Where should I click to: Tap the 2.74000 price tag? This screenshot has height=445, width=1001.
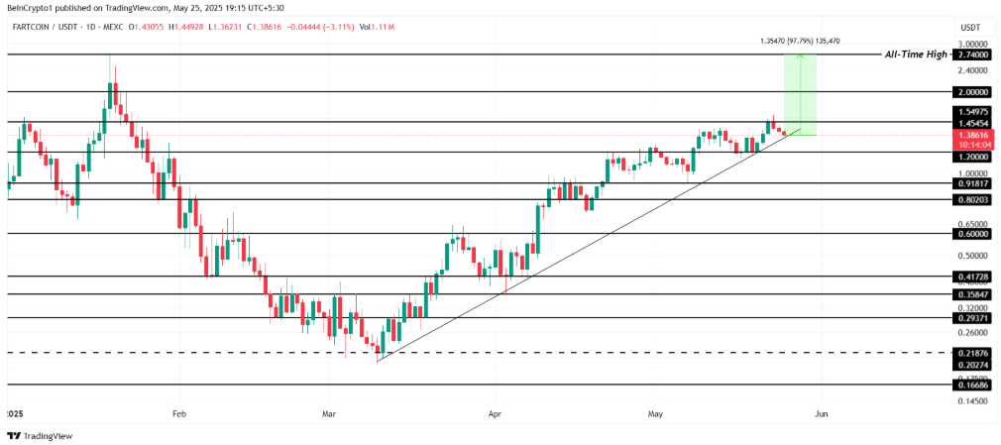[973, 56]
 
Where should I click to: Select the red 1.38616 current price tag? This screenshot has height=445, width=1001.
[973, 133]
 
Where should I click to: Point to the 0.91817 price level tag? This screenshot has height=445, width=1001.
[973, 183]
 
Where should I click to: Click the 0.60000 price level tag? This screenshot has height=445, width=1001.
[973, 234]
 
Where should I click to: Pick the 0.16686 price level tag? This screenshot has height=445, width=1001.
[973, 385]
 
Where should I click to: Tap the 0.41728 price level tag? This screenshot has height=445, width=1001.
[973, 278]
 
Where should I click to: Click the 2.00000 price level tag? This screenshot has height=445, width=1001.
[973, 91]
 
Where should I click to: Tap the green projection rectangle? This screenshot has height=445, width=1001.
[800, 94]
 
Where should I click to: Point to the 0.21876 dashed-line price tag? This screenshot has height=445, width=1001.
[973, 353]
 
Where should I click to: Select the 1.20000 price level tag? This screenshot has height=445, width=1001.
[973, 158]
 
